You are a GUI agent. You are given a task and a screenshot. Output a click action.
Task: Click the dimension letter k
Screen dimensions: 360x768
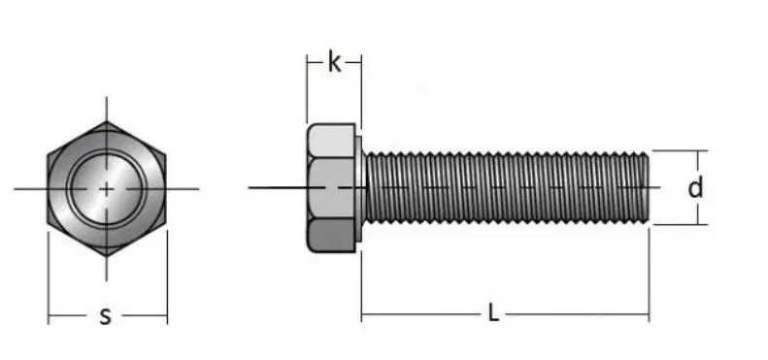334,64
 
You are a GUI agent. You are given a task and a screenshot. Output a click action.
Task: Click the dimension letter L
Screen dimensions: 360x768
493,313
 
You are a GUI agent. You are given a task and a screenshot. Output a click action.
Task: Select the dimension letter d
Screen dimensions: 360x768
695,187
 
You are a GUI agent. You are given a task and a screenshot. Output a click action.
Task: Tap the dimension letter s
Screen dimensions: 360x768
106,315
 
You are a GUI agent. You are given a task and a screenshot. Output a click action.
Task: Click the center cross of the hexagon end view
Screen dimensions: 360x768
106,187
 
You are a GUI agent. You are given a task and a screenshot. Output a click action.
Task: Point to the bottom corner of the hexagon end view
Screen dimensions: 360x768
106,252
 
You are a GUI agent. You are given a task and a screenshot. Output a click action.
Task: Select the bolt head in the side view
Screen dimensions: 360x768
331,187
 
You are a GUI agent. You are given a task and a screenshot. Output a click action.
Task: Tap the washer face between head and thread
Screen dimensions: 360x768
359,187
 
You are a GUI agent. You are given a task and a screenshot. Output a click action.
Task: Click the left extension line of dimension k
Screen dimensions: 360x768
307,92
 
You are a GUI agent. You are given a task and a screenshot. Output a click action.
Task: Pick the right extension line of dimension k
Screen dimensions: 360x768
361,92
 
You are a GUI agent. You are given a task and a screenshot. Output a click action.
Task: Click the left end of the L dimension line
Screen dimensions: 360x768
362,314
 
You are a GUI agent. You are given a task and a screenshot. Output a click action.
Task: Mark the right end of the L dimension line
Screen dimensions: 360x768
649,314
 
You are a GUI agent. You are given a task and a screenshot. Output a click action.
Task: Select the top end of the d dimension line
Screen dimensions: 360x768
701,151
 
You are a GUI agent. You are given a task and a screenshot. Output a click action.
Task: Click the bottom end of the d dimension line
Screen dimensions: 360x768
701,224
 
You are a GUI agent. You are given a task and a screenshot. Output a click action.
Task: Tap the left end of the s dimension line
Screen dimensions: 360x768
49,315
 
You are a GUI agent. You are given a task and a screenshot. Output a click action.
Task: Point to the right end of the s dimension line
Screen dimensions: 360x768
167,315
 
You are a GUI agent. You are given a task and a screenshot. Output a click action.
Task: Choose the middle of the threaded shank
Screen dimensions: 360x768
505,187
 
